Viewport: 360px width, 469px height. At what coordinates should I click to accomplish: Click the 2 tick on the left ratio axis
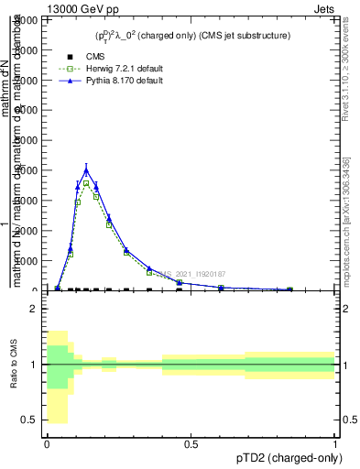[35, 310]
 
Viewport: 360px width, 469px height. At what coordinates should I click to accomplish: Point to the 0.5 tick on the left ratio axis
[31, 420]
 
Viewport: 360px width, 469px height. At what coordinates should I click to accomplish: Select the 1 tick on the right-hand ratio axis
[342, 365]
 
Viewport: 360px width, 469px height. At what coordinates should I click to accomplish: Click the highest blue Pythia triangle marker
[86, 169]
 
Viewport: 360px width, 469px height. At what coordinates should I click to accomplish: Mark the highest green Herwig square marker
[86, 183]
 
